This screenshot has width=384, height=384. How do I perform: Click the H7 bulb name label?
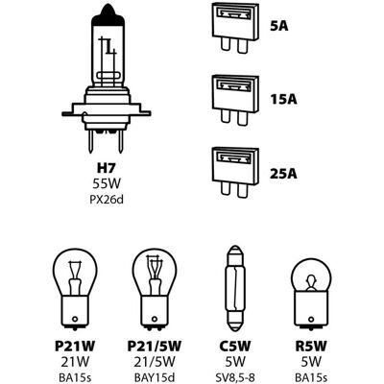[106, 168]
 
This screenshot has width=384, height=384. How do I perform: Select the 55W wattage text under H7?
[107, 183]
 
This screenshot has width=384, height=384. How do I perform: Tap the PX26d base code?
[107, 200]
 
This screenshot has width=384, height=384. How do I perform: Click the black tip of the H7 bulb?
[108, 16]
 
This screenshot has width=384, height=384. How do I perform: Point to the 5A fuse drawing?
[235, 27]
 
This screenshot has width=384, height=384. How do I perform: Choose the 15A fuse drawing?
[235, 100]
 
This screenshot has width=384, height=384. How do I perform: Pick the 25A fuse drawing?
[235, 172]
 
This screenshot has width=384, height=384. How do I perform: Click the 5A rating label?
[279, 27]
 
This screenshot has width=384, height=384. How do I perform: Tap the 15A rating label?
[283, 100]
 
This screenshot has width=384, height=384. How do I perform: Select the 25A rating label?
[283, 173]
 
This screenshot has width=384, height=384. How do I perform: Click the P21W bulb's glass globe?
[75, 272]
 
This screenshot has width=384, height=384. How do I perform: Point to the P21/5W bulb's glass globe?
[155, 272]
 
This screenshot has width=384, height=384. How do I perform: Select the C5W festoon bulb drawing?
[235, 288]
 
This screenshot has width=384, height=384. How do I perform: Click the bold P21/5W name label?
[155, 346]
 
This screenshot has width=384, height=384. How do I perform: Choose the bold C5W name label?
[235, 346]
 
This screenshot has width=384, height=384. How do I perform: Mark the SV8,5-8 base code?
[235, 377]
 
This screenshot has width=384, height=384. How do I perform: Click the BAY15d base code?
[155, 377]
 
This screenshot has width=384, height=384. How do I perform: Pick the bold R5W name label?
[311, 346]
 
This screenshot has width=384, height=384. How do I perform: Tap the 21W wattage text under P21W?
[75, 362]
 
